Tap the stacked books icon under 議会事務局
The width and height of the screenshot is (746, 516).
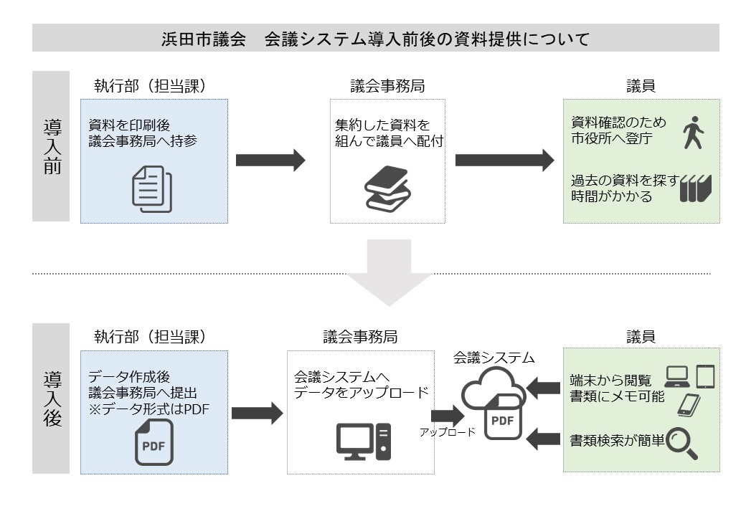(x=387, y=188)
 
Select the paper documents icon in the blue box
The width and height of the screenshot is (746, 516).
(x=152, y=188)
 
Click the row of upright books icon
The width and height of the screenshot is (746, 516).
(x=695, y=188)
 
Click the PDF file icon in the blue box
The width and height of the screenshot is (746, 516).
(x=155, y=441)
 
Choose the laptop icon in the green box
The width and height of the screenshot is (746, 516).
(x=678, y=376)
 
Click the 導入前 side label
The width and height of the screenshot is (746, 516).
(x=51, y=146)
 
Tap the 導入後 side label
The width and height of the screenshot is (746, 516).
(x=51, y=398)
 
